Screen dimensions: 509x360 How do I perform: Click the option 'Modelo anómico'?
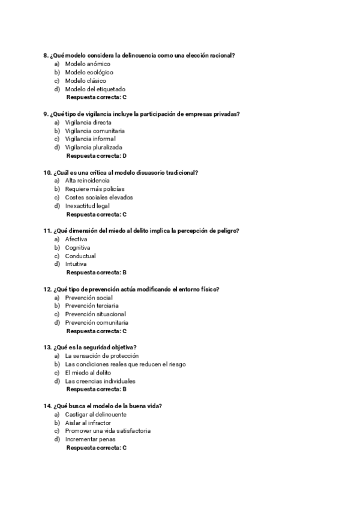click(87, 64)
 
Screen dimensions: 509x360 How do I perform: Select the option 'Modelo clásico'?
click(85, 80)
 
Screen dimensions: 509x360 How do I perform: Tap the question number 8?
click(46, 55)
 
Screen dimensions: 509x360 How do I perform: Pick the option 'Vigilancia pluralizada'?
click(94, 147)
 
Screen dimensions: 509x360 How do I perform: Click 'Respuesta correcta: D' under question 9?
click(96, 155)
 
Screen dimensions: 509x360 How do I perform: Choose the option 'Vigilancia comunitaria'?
click(95, 130)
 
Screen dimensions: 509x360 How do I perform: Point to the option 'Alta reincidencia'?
click(87, 181)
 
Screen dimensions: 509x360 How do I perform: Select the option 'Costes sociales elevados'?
click(99, 197)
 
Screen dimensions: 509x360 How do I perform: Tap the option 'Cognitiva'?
click(77, 247)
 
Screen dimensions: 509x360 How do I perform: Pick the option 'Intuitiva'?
click(76, 264)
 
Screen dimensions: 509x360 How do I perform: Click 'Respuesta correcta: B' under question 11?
click(96, 273)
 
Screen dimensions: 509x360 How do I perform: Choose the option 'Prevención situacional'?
click(95, 314)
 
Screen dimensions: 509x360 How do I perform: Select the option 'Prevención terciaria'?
click(92, 306)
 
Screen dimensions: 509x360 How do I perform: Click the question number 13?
click(47, 348)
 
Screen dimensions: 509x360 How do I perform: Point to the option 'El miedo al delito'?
click(88, 372)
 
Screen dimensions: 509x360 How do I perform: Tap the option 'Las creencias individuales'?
click(100, 381)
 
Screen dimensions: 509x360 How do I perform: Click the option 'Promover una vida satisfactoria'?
click(107, 430)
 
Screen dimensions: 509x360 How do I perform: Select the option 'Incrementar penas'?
click(90, 439)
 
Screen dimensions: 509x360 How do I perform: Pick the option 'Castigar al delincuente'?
click(95, 414)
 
